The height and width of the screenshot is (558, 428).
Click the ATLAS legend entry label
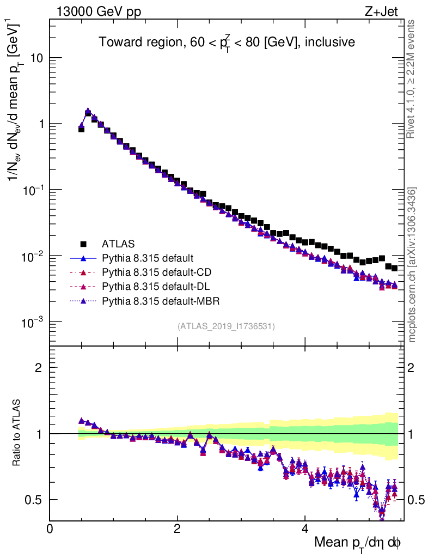pos(118,244)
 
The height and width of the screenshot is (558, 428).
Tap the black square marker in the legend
pos(84,244)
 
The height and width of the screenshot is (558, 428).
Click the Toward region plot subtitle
pos(227,42)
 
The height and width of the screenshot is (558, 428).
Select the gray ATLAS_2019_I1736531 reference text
pos(226,326)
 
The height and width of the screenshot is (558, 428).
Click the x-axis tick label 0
pos(50,529)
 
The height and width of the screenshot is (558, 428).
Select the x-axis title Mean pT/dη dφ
pos(358,543)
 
